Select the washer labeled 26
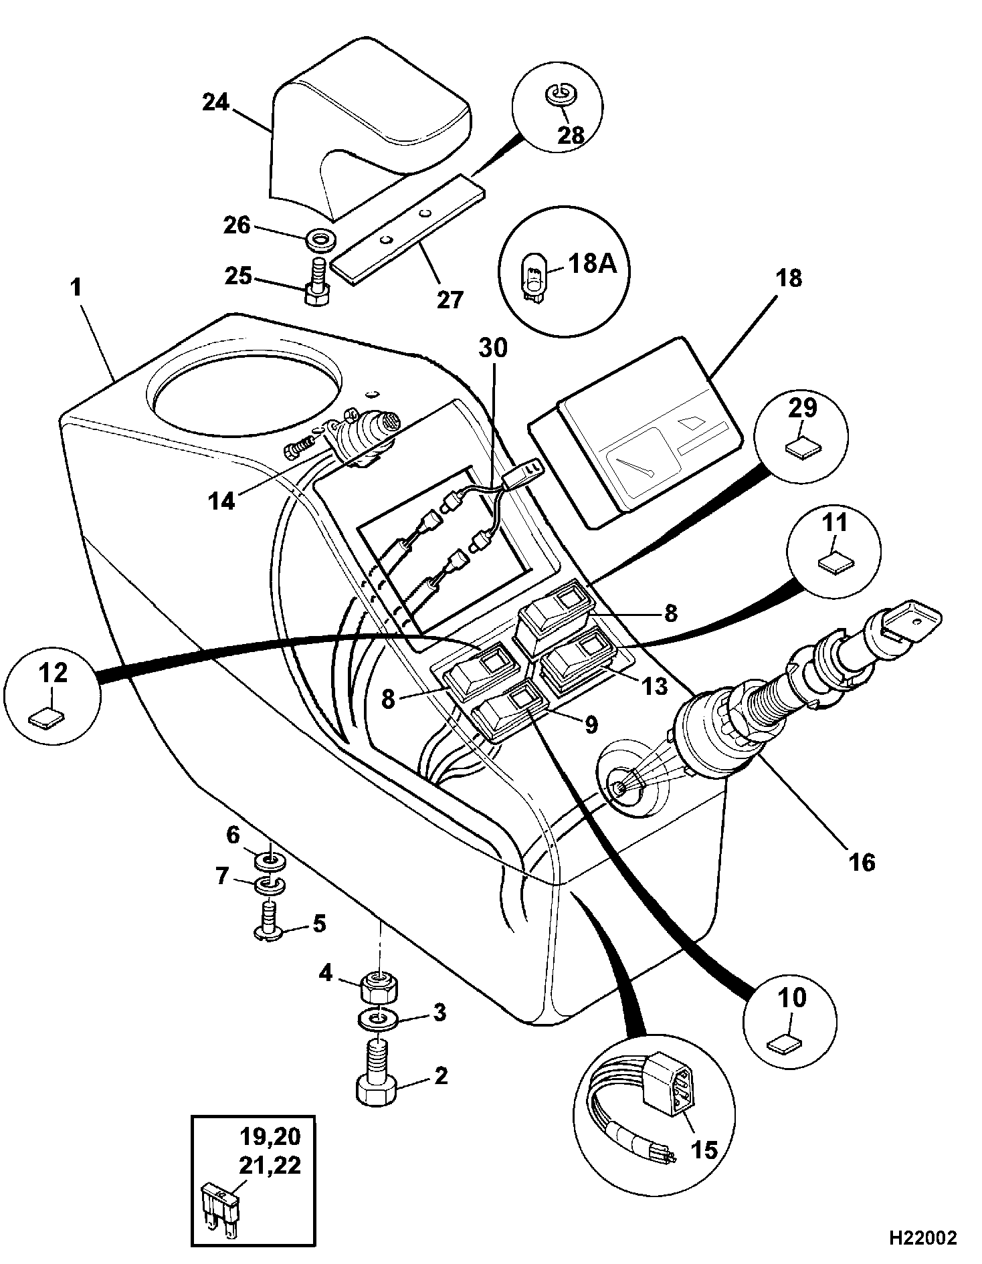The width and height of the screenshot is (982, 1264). click(x=320, y=238)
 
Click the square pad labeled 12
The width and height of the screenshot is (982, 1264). click(x=47, y=720)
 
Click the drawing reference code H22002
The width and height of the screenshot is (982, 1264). click(x=922, y=1237)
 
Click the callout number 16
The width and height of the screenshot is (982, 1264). click(x=862, y=861)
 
